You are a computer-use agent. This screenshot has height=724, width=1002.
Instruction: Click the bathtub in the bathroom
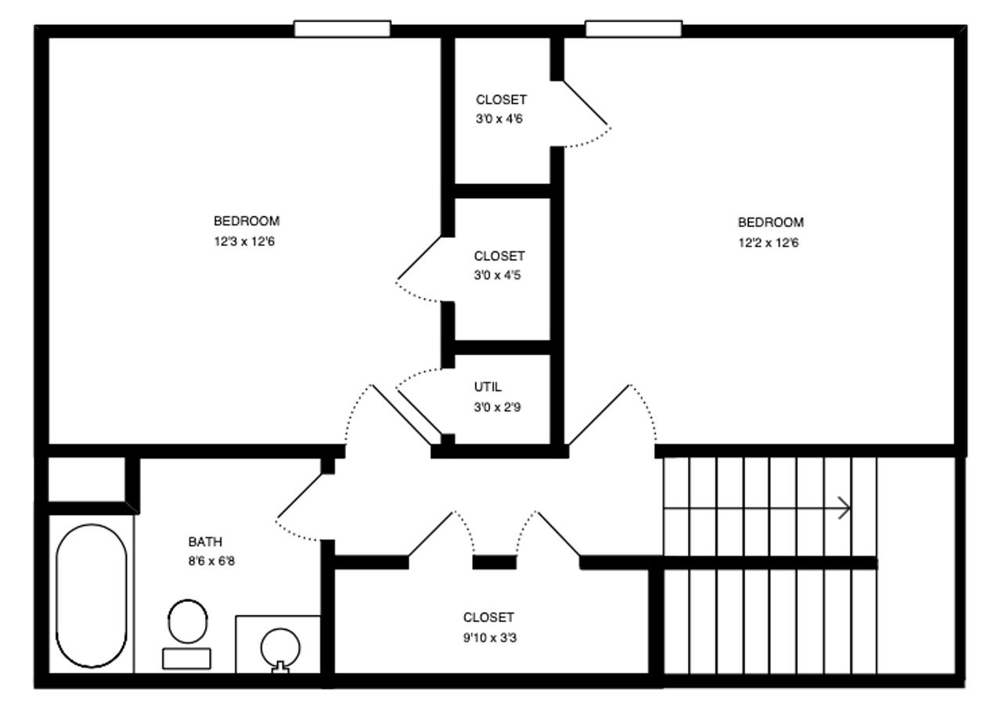tap(92, 596)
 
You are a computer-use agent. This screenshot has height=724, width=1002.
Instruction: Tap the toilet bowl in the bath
tap(188, 621)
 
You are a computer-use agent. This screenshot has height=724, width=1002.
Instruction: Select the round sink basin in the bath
tap(279, 647)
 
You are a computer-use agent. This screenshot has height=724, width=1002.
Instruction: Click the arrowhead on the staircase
tap(845, 508)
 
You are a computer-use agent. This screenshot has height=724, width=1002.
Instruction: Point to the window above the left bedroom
tap(342, 29)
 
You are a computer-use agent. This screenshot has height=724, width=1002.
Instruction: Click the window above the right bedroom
tap(633, 29)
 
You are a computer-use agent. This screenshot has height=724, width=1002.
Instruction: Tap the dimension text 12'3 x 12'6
tap(244, 242)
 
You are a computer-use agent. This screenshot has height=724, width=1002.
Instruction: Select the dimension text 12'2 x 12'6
tap(768, 243)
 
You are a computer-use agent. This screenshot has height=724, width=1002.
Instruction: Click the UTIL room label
tap(488, 387)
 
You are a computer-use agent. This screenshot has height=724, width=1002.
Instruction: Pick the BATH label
tap(205, 542)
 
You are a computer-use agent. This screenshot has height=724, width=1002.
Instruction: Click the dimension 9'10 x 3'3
tap(489, 638)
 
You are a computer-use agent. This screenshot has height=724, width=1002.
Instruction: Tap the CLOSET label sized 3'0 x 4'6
tap(501, 100)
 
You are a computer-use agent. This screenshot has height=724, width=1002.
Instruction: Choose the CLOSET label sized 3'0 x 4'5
tap(499, 257)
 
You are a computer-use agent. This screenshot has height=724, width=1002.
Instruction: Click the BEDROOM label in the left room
tap(246, 222)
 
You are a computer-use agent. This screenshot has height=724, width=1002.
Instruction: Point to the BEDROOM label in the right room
tap(770, 222)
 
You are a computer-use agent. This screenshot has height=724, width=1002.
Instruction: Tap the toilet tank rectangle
tap(186, 658)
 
